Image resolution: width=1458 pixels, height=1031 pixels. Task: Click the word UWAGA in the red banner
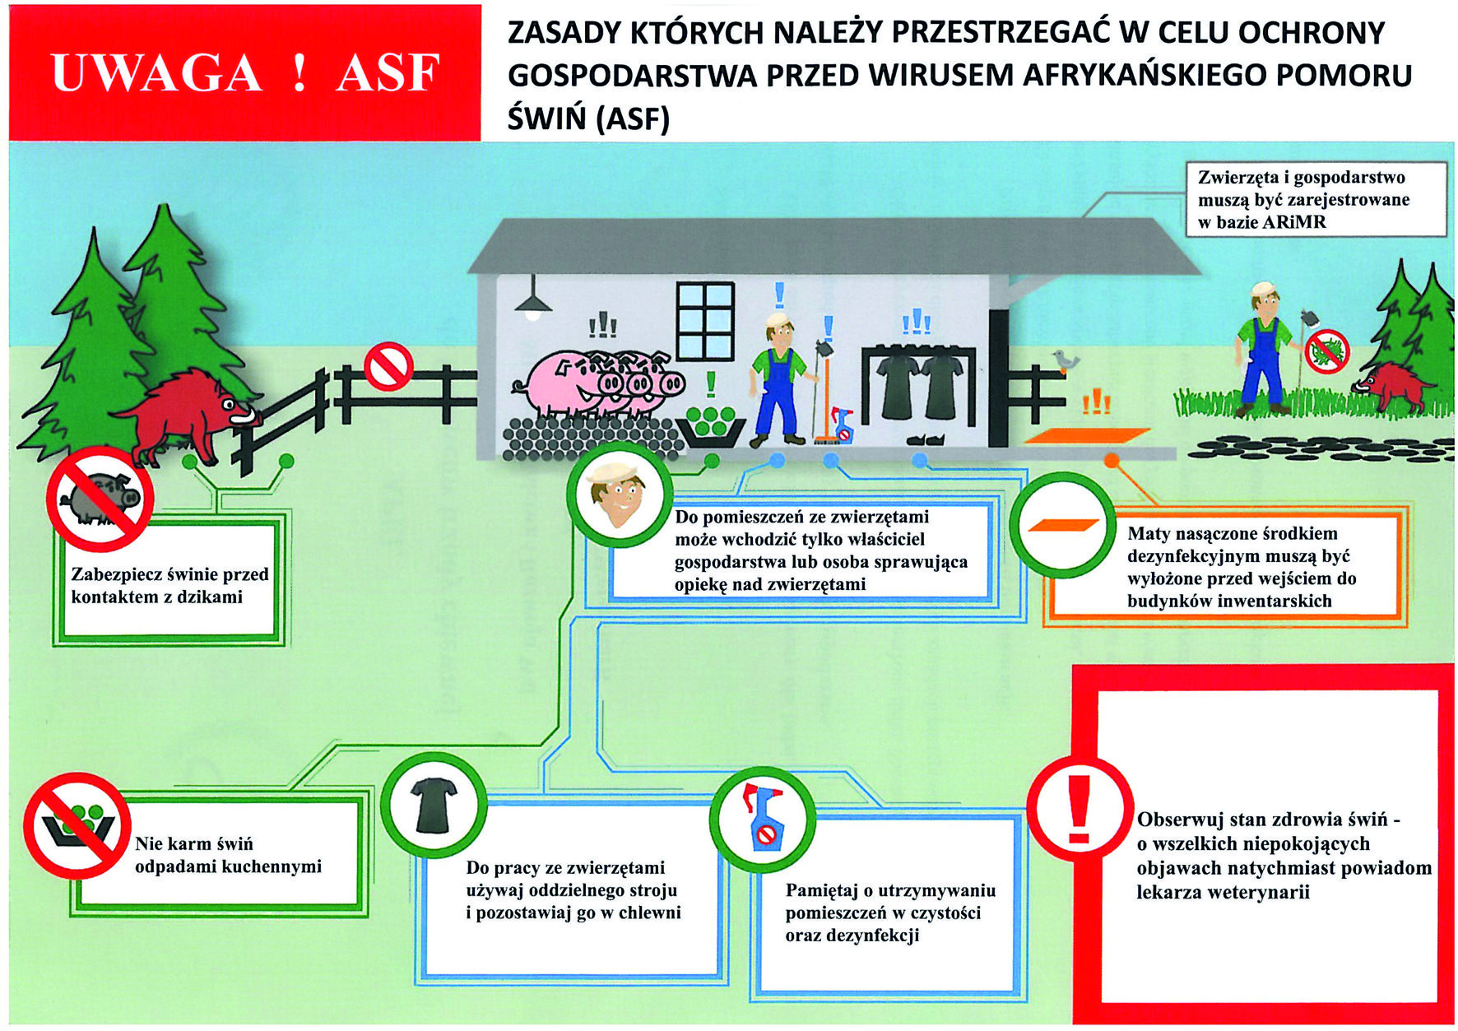[x=156, y=72]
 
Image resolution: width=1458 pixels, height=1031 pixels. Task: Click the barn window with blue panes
[x=704, y=320]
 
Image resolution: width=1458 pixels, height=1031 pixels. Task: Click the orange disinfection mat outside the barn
[x=1087, y=434]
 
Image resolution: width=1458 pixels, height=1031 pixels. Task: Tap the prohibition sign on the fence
[x=388, y=366]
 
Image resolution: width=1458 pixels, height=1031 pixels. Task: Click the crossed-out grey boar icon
[x=100, y=499]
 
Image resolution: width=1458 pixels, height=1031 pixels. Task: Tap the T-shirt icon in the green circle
[x=434, y=806]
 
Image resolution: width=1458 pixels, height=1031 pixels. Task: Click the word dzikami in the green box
[x=209, y=597]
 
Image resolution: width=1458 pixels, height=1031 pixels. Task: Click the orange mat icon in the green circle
[x=1062, y=525]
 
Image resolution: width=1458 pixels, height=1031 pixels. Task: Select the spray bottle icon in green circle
[x=763, y=817]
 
